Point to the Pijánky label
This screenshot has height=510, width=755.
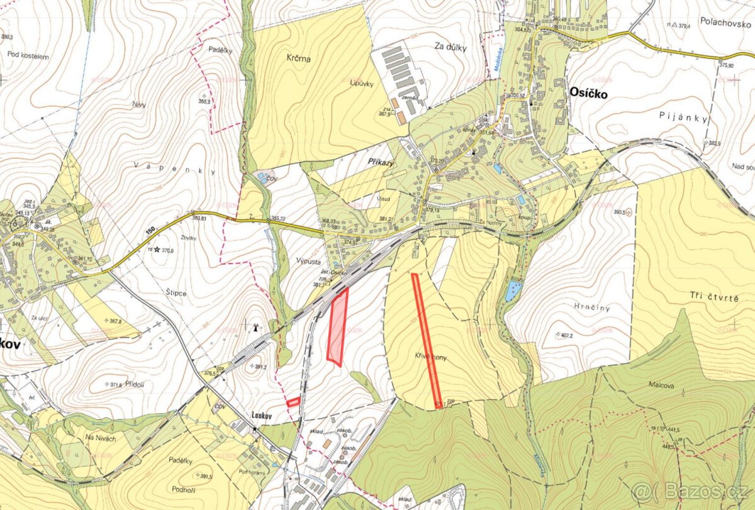coord(683,118)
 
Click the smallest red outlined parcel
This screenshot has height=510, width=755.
coord(293,401)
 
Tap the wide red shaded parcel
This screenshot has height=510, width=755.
coord(338,327)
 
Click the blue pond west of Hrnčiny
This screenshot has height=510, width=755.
coord(513,291)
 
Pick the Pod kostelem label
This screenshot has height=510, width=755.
coord(28,55)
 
